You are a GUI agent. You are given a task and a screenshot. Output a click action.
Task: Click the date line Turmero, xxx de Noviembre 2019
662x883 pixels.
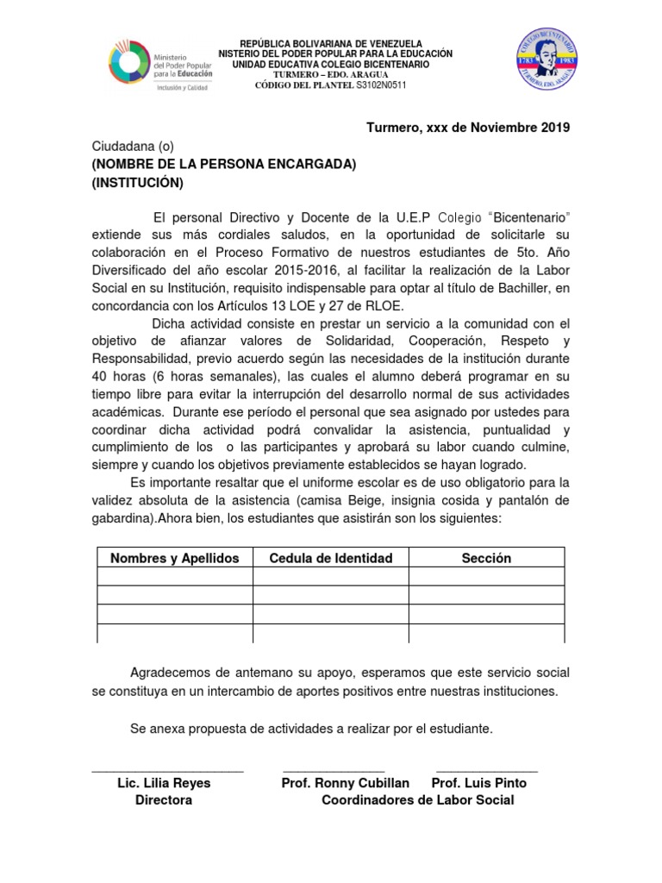[x=468, y=128]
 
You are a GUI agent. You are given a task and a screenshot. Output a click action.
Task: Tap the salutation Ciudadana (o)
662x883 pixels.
[x=133, y=147]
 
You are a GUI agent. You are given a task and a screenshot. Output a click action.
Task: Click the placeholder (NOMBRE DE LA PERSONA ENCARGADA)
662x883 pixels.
[x=224, y=165]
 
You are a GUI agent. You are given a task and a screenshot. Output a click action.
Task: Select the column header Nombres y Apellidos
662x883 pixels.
[x=174, y=558]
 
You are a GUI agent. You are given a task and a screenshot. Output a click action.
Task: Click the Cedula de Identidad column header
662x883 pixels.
[x=331, y=558]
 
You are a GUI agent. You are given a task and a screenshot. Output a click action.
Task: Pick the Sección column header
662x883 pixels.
[x=486, y=558]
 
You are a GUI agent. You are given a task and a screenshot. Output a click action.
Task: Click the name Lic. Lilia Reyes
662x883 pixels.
[x=164, y=783]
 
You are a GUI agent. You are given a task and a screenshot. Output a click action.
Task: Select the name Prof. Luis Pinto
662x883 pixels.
[x=478, y=783]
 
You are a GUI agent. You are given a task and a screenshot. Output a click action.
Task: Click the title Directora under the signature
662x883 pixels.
[x=164, y=800]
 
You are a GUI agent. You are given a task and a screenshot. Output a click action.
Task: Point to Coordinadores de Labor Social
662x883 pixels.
[x=417, y=800]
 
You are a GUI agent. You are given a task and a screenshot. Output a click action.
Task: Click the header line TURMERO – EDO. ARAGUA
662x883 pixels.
[x=331, y=75]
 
